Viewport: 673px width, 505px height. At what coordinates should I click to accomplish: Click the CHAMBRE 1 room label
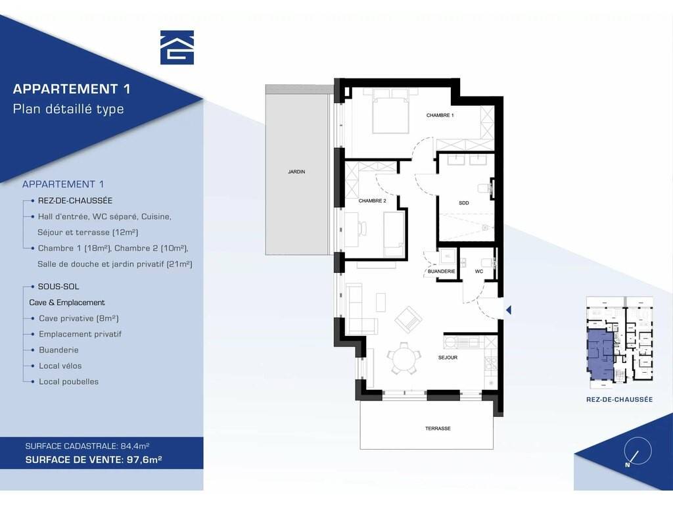(440, 115)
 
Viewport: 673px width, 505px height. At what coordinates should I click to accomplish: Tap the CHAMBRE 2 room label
(372, 201)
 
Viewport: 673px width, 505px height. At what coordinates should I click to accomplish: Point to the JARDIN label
(296, 172)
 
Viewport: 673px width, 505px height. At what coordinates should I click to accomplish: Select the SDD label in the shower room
(464, 203)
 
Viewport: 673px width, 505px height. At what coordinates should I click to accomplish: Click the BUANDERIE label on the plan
(441, 272)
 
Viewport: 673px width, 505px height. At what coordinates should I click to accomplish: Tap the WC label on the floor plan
(479, 272)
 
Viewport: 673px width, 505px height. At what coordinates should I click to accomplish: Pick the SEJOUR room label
(448, 357)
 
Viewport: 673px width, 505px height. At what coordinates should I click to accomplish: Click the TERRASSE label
(438, 428)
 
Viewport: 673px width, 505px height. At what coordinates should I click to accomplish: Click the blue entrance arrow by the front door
(509, 310)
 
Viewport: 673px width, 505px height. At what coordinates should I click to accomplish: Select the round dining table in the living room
(404, 358)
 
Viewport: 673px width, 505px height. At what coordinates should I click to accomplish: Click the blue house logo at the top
(177, 47)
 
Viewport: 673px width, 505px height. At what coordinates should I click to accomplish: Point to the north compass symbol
(638, 451)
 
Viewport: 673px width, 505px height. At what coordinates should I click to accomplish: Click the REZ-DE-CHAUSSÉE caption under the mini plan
(619, 399)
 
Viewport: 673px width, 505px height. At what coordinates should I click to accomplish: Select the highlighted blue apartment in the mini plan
(600, 354)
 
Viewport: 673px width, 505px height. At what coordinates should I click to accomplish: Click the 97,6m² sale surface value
(144, 460)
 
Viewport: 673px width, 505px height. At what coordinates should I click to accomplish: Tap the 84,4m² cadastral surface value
(135, 446)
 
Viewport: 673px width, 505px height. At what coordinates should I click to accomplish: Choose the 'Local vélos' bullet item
(60, 366)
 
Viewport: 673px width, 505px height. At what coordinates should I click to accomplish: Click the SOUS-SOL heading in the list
(58, 287)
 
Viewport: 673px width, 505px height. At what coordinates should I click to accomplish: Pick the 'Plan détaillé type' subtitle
(68, 108)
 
